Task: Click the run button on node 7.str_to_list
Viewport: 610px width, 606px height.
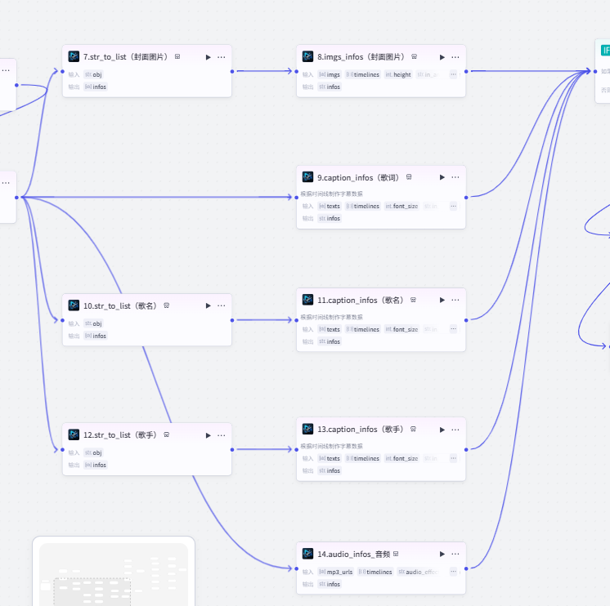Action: tap(209, 57)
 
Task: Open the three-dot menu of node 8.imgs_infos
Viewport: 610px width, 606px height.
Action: tap(455, 57)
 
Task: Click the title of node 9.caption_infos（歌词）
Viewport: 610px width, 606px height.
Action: tap(357, 177)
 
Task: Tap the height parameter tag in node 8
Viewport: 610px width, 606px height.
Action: tap(399, 74)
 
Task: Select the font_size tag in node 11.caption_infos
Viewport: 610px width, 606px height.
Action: tap(402, 329)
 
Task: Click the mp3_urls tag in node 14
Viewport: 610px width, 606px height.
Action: tap(336, 572)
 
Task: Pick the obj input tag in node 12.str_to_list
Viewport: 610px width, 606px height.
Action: tap(94, 452)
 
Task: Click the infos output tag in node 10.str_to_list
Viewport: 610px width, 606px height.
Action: tap(96, 336)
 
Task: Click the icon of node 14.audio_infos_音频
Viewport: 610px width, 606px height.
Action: tap(307, 554)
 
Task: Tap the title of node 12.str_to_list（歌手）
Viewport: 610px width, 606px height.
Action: tap(119, 435)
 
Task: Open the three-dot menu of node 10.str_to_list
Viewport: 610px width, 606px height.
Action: tap(222, 305)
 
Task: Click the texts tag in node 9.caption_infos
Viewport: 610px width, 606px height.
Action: tap(330, 206)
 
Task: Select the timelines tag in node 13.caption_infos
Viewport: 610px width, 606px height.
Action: tap(363, 458)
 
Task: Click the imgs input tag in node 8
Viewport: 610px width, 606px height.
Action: tap(330, 74)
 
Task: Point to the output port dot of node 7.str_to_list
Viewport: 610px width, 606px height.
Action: tap(232, 71)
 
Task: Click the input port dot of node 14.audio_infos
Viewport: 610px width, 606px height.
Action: tap(296, 568)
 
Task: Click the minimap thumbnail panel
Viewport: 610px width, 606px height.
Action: tap(114, 572)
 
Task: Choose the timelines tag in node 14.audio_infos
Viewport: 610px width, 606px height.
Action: tap(375, 572)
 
